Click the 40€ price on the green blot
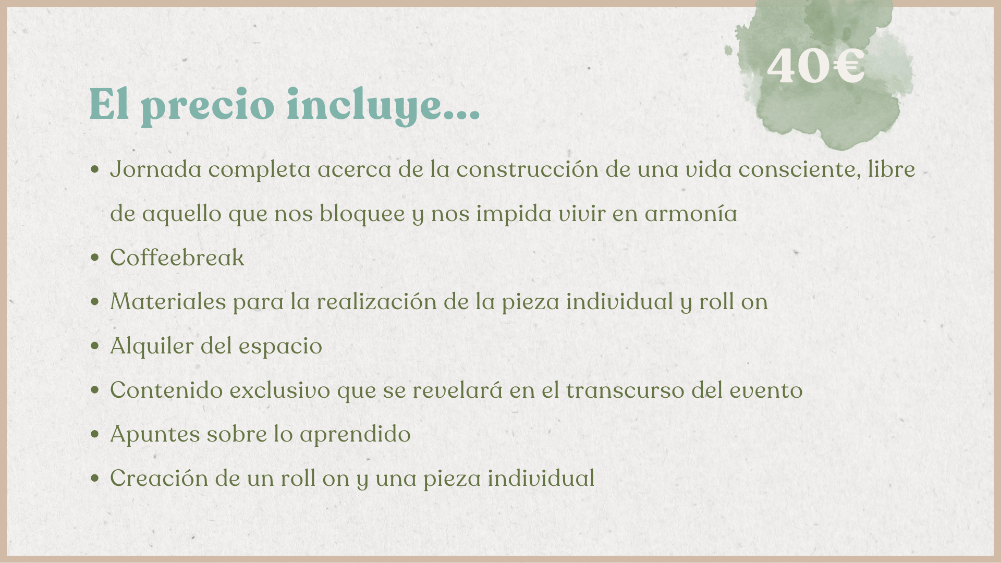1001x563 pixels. [x=816, y=66]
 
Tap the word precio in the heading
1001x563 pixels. [x=207, y=106]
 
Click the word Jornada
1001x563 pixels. [x=156, y=169]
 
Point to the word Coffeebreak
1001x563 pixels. [x=177, y=258]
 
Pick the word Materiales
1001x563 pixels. [x=168, y=301]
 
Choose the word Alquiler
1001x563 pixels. [x=152, y=346]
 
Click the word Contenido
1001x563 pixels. [x=166, y=390]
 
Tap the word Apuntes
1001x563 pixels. [x=155, y=434]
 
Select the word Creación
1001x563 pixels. [x=160, y=478]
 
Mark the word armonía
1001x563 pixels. [x=691, y=213]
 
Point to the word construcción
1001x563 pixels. [x=528, y=169]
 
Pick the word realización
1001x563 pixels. [x=376, y=301]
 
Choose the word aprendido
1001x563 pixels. [x=355, y=434]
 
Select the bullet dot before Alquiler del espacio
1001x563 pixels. [x=94, y=346]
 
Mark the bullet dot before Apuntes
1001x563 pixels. [x=94, y=434]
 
